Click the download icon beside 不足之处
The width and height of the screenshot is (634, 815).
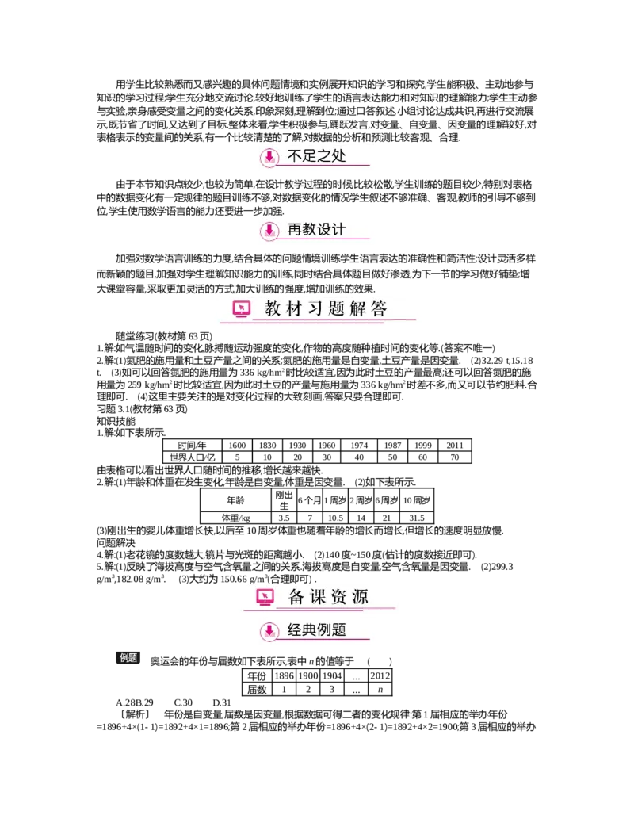tap(269, 158)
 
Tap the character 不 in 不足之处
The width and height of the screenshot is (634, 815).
tap(295, 156)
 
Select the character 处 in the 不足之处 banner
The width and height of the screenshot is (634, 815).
tap(339, 156)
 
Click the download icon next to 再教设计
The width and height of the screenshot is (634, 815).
tap(269, 231)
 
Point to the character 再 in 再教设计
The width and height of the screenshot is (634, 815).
tap(295, 230)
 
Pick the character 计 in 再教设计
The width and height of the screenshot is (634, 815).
tap(339, 230)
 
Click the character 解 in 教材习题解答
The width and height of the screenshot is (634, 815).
tap(357, 309)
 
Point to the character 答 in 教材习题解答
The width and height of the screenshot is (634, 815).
tap(379, 309)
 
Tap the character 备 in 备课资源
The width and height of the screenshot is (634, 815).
tap(296, 597)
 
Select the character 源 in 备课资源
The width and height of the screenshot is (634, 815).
tap(360, 597)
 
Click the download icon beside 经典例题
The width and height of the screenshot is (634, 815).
tap(269, 631)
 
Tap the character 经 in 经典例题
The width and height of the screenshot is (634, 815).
tap(295, 630)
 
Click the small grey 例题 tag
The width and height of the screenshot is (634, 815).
tap(128, 657)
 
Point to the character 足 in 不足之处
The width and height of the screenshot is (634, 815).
tap(310, 156)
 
